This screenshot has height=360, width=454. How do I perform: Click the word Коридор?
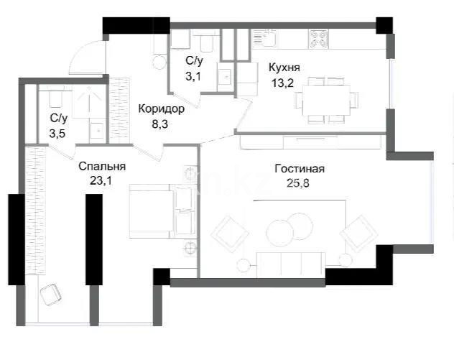pyautogui.click(x=162, y=109)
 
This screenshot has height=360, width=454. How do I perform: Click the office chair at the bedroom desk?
pyautogui.click(x=51, y=293)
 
